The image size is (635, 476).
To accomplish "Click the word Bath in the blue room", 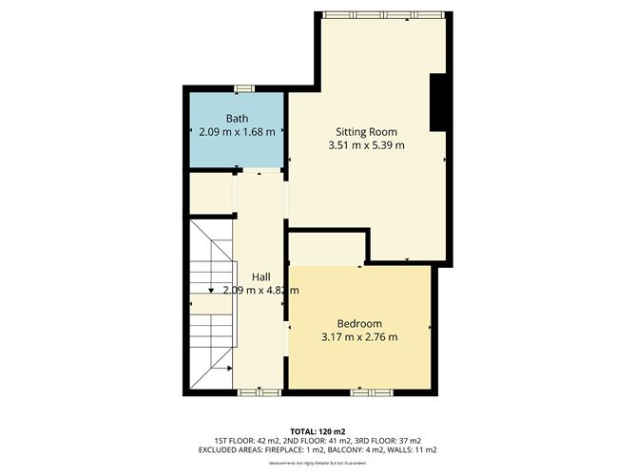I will [x=237, y=118].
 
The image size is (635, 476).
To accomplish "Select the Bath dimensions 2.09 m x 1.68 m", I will [x=237, y=132].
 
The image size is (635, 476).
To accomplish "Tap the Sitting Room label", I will [x=366, y=131].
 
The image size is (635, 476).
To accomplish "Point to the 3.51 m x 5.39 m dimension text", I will [x=366, y=145].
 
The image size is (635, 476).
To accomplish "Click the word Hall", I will [x=260, y=276].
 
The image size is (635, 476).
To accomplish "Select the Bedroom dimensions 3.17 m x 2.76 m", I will [x=359, y=336].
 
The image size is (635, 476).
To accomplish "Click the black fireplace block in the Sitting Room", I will [x=439, y=102].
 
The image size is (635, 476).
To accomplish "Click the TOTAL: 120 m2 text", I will [x=317, y=429].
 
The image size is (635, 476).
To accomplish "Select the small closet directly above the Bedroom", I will [x=325, y=247].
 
